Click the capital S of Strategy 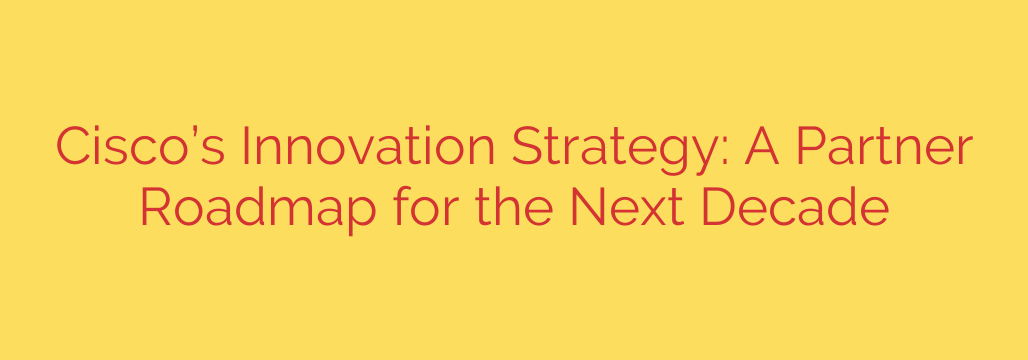(525, 148)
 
